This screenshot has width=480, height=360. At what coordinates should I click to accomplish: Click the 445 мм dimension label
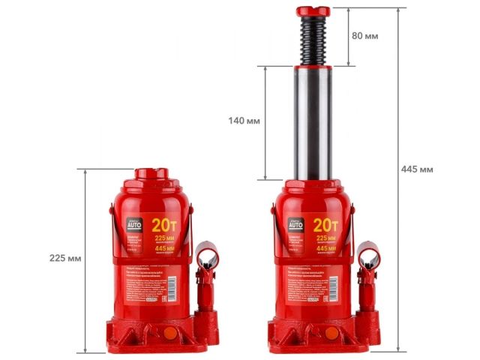[417, 169]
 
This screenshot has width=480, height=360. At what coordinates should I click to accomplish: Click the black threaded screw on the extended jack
[313, 40]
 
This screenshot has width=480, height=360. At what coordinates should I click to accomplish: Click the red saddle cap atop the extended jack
[313, 11]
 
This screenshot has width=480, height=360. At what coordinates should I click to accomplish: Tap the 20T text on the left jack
[164, 224]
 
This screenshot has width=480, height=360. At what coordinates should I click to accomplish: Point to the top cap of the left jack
[152, 174]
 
